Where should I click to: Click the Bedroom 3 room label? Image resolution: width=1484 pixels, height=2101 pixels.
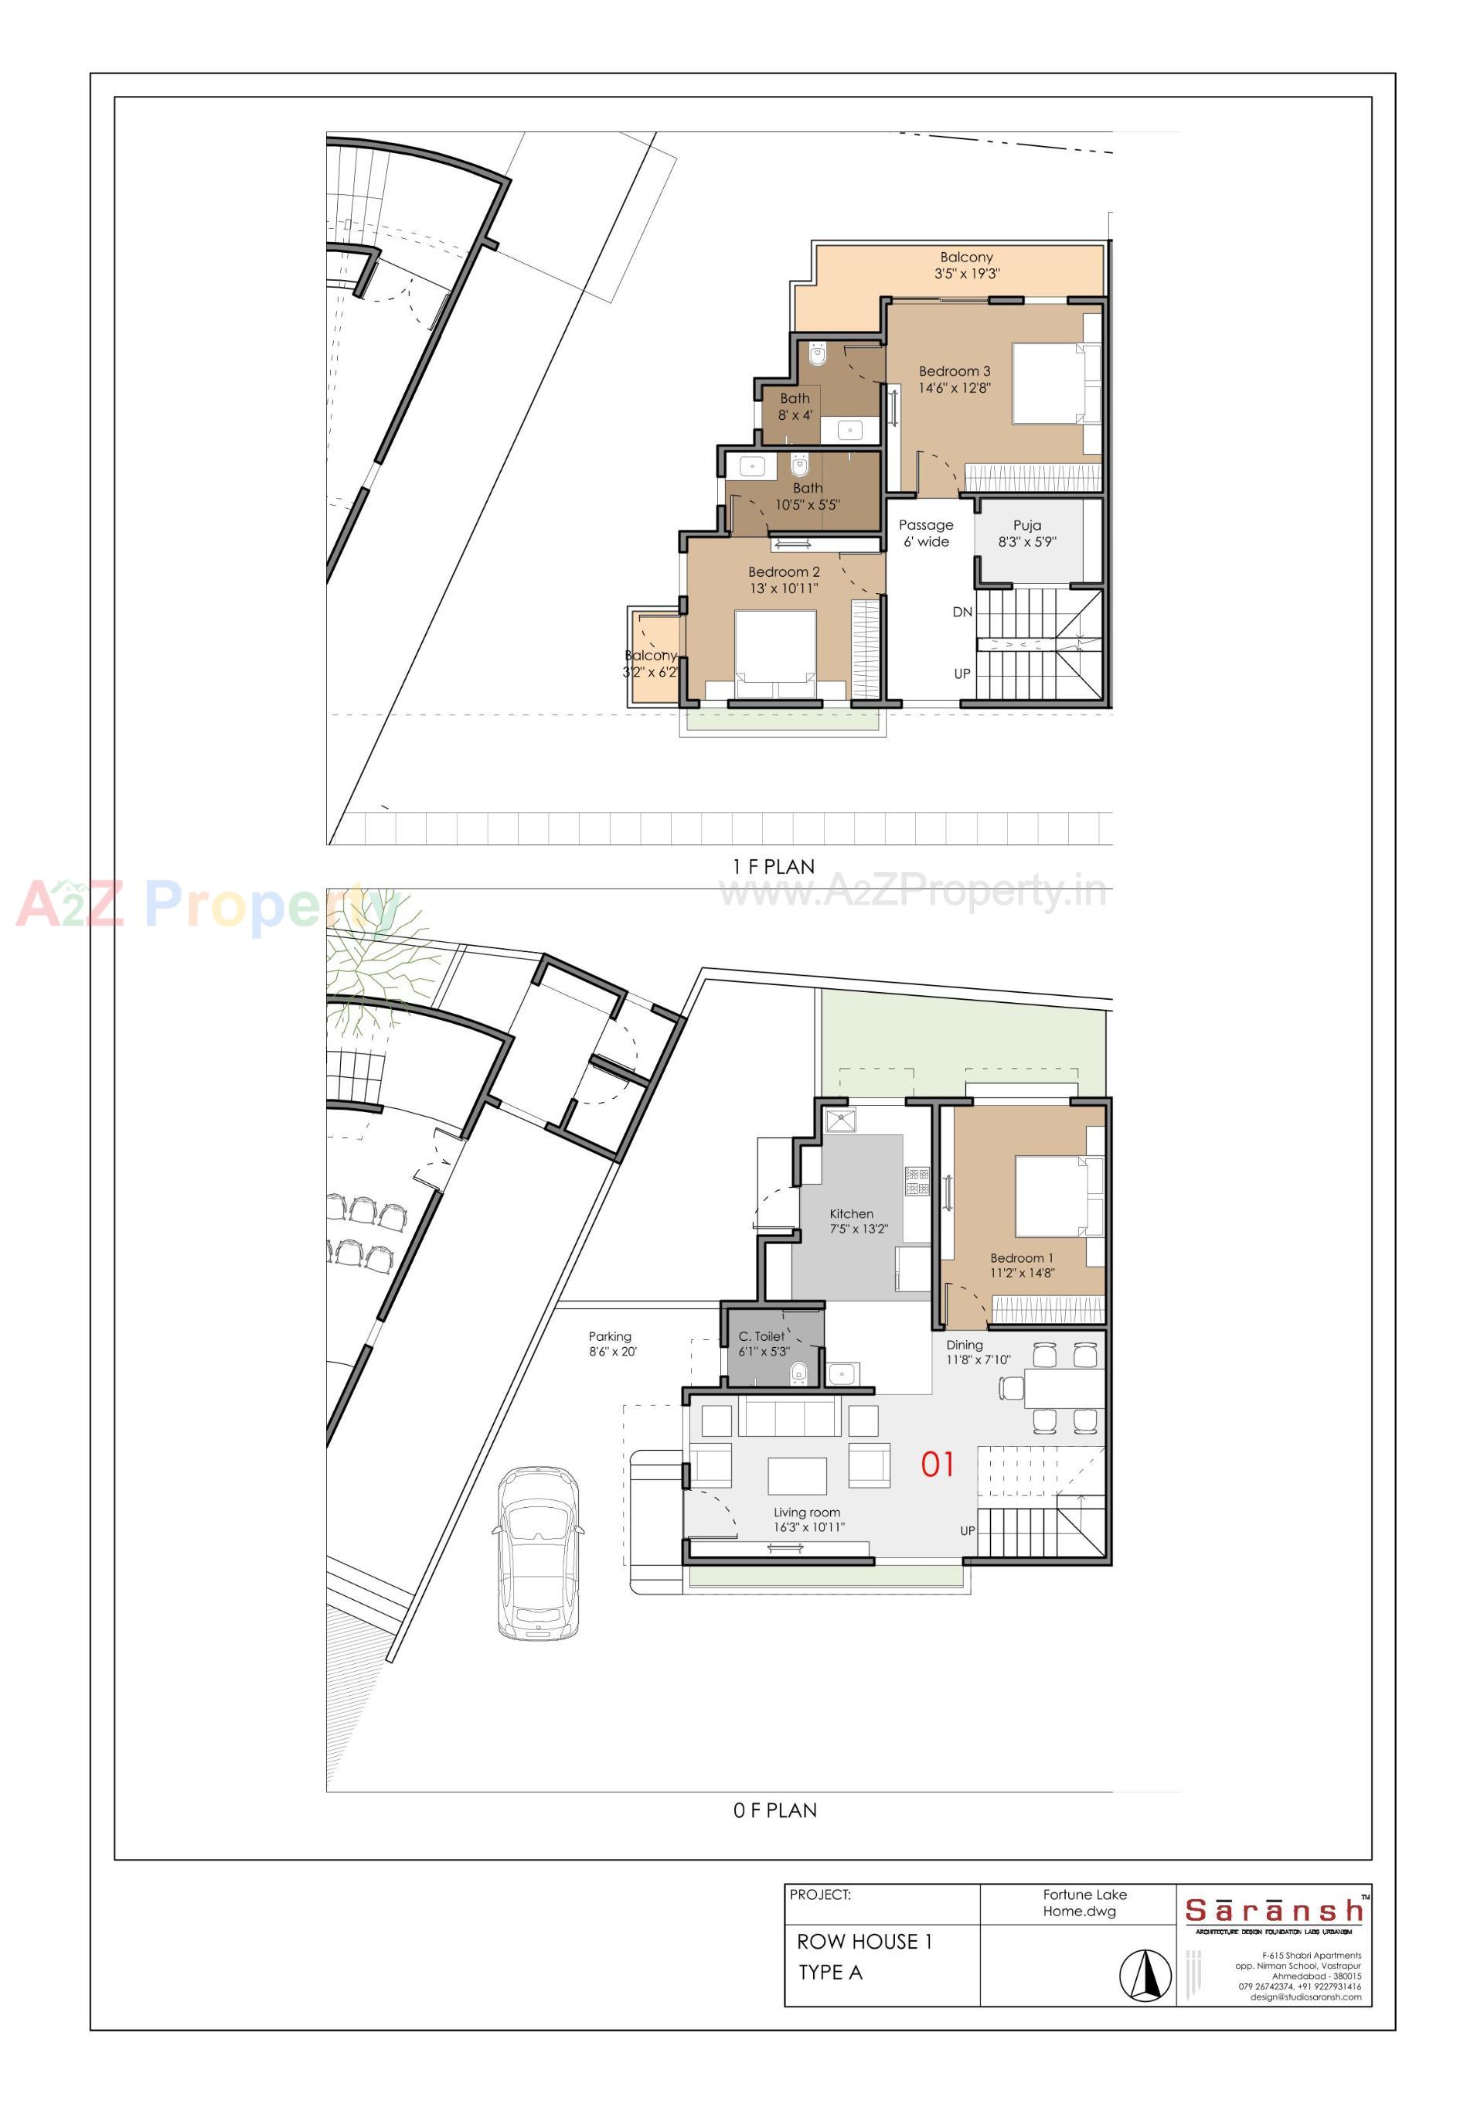pos(955,371)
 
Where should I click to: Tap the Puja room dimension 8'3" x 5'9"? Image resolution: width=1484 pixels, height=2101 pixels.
pos(1026,542)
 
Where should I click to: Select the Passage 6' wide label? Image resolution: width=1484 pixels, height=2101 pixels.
pos(926,534)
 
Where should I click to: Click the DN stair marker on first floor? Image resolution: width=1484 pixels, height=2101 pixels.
pos(962,612)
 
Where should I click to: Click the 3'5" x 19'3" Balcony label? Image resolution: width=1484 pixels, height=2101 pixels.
pos(966,265)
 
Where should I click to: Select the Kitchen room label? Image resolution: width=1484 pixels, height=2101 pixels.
pos(851,1213)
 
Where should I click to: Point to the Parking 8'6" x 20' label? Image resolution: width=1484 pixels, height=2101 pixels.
pos(611,1343)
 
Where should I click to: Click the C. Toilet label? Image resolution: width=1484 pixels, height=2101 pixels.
pos(761,1336)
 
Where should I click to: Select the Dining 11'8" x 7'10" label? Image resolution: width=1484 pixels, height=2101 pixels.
pos(977,1352)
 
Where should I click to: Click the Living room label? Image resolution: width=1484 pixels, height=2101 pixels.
pos(807,1513)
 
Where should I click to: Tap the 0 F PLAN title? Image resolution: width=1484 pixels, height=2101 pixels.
pos(774,1810)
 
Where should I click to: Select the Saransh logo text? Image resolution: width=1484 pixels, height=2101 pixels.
pos(1274,1911)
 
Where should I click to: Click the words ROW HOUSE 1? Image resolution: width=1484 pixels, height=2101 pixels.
pos(863,1942)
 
